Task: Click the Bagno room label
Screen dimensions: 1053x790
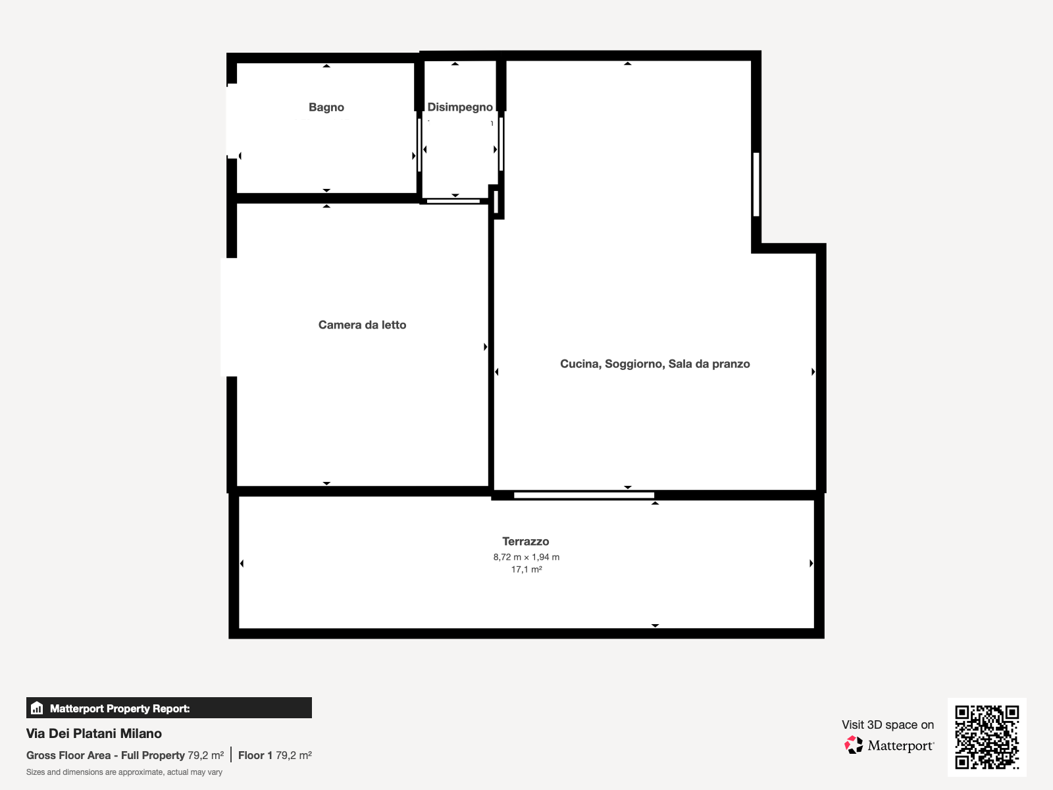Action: click(326, 107)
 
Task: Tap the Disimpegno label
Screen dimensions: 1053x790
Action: click(460, 107)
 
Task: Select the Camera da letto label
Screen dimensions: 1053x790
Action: click(362, 325)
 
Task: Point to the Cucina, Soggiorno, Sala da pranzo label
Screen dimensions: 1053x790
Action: click(655, 364)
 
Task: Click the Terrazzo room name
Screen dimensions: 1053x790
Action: click(526, 542)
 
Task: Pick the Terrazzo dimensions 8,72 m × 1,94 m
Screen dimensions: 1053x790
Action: click(526, 557)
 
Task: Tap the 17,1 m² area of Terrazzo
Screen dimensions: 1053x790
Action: click(526, 569)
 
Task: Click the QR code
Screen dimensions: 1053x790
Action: click(987, 737)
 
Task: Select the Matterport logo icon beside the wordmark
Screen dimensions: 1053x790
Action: click(854, 745)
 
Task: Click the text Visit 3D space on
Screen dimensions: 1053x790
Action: click(888, 724)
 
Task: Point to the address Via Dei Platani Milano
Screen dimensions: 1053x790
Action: click(94, 733)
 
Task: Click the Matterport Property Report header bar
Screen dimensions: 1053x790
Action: click(169, 708)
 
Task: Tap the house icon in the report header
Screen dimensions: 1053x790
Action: click(37, 708)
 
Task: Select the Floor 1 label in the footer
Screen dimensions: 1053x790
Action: click(255, 756)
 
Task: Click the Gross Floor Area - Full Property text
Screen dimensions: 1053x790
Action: click(105, 756)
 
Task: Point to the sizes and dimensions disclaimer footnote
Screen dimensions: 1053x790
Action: click(124, 772)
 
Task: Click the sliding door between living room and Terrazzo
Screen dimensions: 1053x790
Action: click(584, 495)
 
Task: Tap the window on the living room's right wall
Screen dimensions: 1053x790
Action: click(756, 184)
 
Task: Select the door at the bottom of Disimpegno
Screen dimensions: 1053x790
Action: click(453, 201)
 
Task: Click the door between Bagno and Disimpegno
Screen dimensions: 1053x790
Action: click(419, 145)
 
